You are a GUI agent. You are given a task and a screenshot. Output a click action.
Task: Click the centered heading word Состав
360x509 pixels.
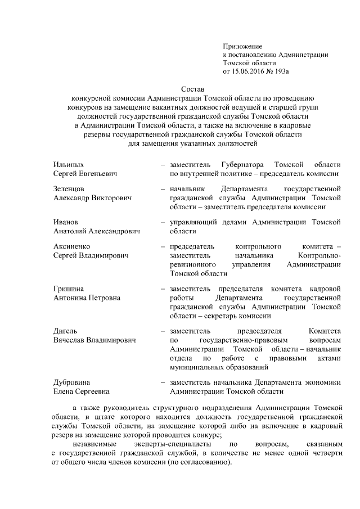193,89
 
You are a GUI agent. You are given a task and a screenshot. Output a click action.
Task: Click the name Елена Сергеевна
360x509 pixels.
81,391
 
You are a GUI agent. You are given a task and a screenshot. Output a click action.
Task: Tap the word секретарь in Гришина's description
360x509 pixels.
238,317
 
